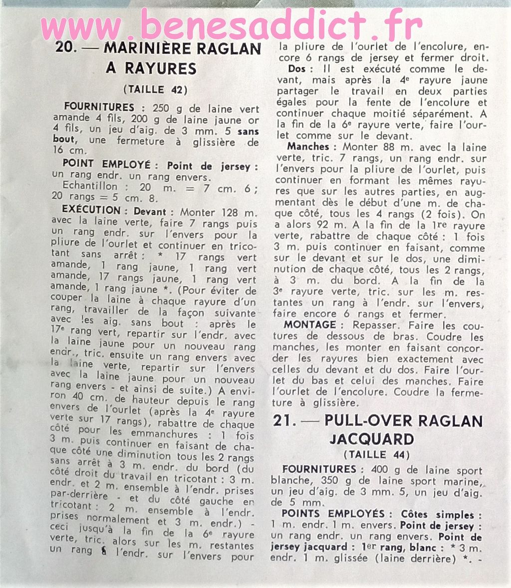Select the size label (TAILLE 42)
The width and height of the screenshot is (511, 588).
click(x=155, y=90)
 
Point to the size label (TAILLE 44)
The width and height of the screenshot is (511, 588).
click(x=376, y=455)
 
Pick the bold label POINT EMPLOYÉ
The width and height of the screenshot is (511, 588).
click(x=106, y=164)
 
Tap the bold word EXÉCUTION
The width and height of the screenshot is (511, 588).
click(x=91, y=211)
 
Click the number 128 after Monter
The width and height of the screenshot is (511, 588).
click(x=222, y=212)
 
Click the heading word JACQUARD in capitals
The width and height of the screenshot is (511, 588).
click(x=372, y=439)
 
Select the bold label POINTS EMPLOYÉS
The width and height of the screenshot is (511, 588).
click(x=333, y=514)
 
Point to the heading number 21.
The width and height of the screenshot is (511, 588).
click(x=285, y=421)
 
